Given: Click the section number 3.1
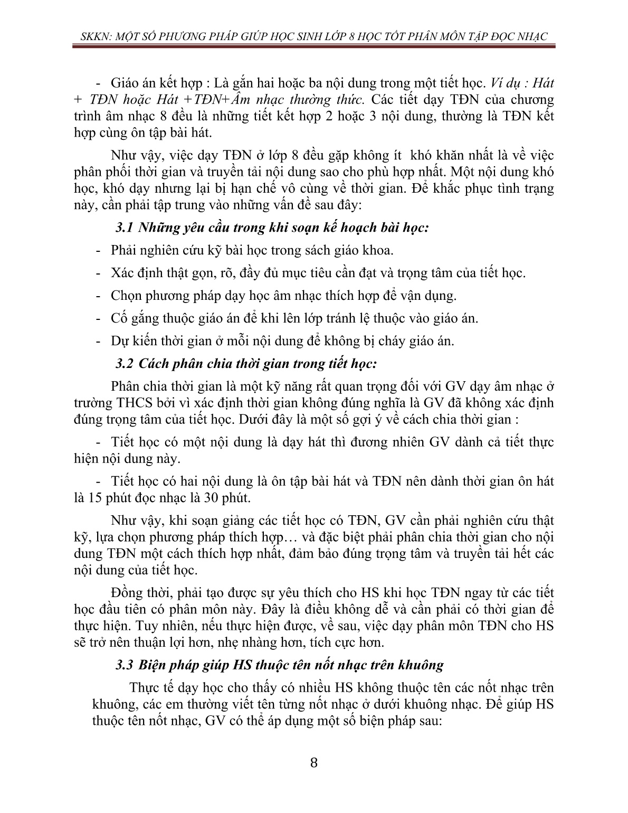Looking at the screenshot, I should [x=124, y=228].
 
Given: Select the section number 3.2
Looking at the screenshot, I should [x=125, y=363].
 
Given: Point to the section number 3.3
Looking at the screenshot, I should [x=125, y=665].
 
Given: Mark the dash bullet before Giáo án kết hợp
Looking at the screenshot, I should [x=98, y=83].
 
